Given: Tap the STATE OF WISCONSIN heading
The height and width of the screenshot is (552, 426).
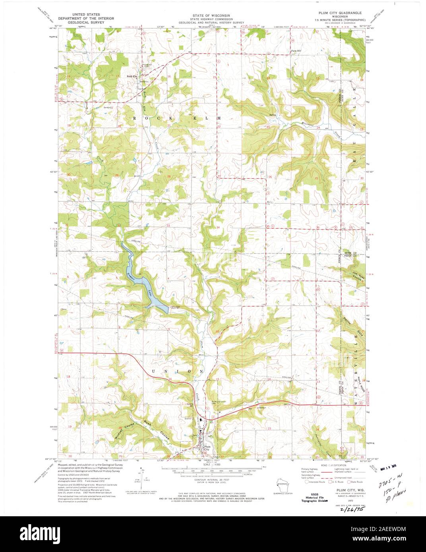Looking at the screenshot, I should pyautogui.click(x=213, y=14).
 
